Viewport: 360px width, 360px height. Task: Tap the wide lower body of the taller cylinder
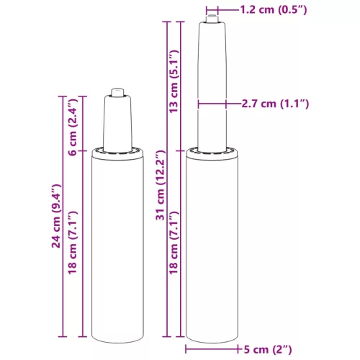pyautogui.click(x=212, y=245)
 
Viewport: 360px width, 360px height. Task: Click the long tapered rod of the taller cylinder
pyautogui.click(x=212, y=86)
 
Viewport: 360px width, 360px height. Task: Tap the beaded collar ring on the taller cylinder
pyautogui.click(x=212, y=150)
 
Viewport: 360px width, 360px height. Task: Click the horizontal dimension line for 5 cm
pyautogui.click(x=212, y=350)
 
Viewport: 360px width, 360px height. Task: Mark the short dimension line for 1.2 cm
pyautogui.click(x=227, y=10)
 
